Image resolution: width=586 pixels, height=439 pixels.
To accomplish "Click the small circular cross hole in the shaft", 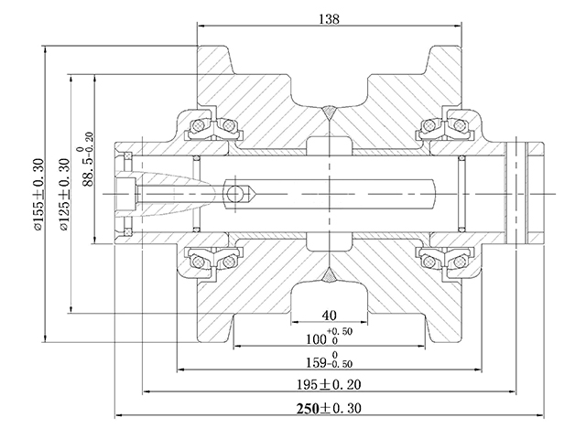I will coord(237,193).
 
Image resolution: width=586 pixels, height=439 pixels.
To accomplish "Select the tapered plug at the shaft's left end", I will coord(174,193).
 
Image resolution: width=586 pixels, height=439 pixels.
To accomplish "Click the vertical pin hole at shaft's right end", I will coord(523,193).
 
